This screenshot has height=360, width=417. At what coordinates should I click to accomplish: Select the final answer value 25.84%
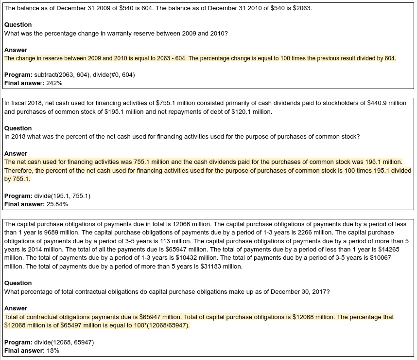tap(57, 204)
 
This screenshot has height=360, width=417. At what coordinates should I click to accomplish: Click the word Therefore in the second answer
tap(19, 171)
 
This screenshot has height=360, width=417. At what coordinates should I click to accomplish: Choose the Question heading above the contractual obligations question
tap(18, 283)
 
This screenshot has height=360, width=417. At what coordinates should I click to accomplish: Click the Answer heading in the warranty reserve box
tap(16, 50)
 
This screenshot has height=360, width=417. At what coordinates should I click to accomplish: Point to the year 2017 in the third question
tap(321, 291)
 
